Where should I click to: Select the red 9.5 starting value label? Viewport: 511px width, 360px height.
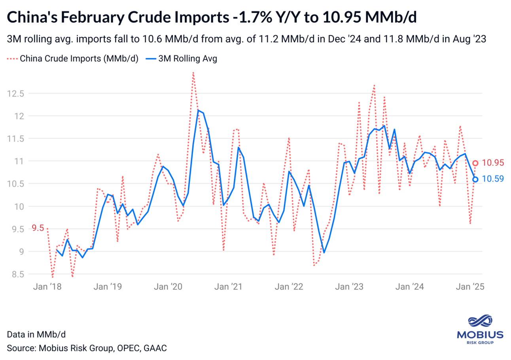point(38,228)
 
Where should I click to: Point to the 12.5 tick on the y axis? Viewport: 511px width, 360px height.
point(15,94)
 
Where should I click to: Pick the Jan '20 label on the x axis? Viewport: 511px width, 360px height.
point(167,286)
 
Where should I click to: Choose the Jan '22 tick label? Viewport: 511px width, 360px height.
point(289,286)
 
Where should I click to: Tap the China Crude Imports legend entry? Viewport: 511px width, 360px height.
point(73,59)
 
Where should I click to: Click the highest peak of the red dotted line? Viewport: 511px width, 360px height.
point(193,72)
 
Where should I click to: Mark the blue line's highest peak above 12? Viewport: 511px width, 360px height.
point(198,110)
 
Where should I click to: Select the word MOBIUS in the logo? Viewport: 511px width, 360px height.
point(480,335)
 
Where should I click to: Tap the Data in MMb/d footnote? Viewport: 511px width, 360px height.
point(36,334)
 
